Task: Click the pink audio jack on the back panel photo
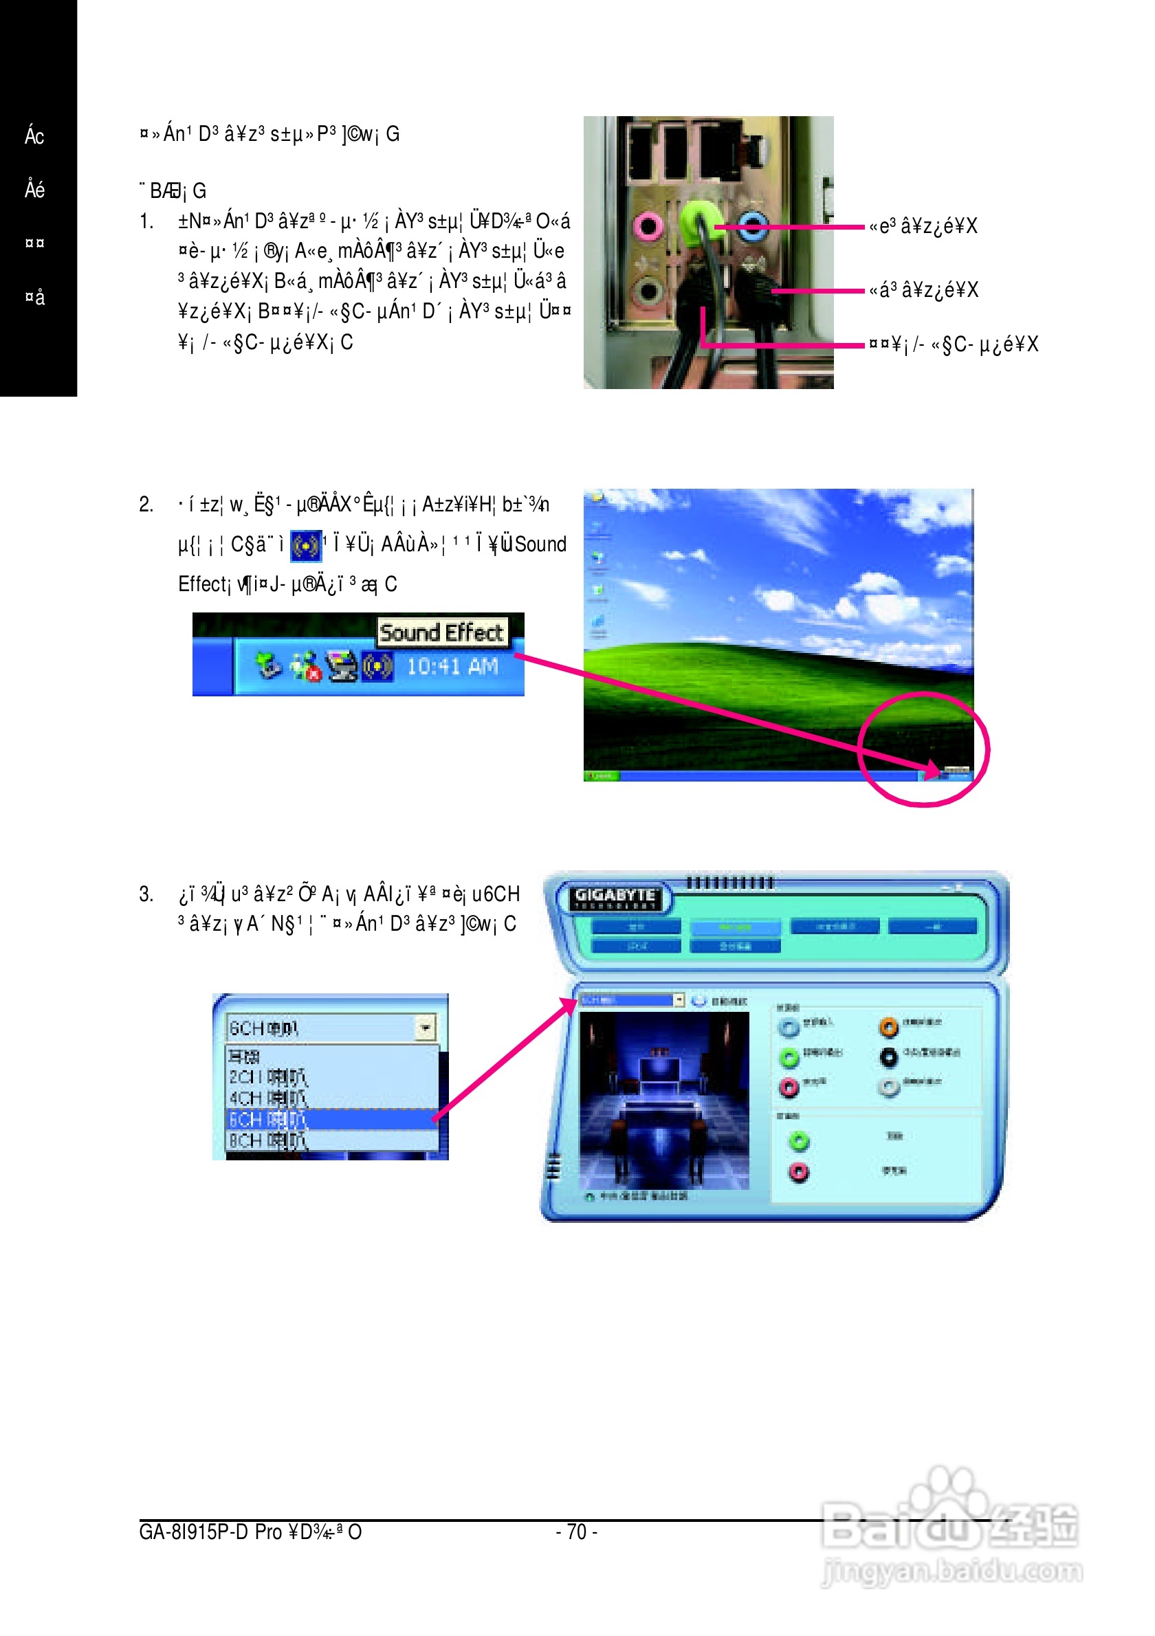pyautogui.click(x=648, y=228)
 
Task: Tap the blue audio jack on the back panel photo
pyautogui.click(x=753, y=227)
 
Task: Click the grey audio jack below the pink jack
pyautogui.click(x=648, y=291)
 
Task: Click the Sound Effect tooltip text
pyautogui.click(x=442, y=632)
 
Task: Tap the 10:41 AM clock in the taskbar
pyautogui.click(x=452, y=667)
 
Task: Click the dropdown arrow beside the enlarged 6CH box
pyautogui.click(x=426, y=1028)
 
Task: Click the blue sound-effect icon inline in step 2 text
pyautogui.click(x=306, y=546)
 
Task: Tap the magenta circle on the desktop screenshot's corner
pyautogui.click(x=923, y=749)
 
